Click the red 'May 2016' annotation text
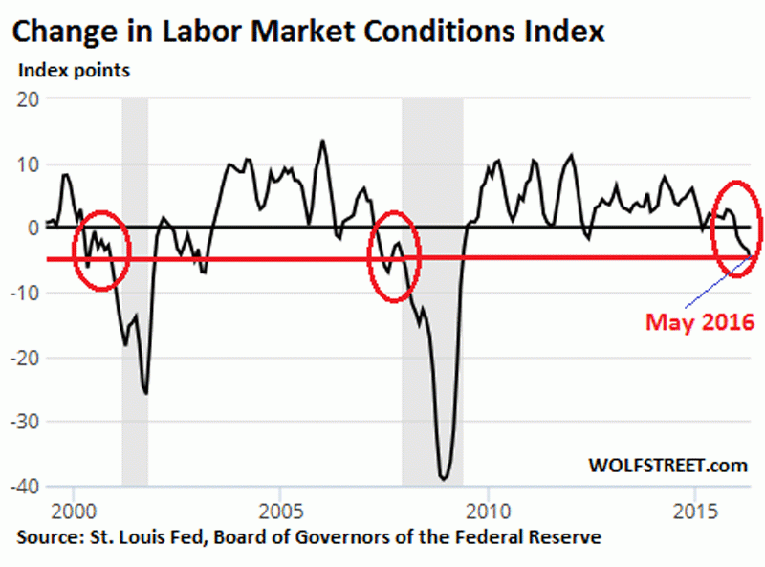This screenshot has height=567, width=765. (x=699, y=322)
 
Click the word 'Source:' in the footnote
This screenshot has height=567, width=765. (x=48, y=537)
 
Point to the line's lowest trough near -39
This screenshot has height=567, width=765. (x=444, y=478)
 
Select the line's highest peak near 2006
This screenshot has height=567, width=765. (x=322, y=141)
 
